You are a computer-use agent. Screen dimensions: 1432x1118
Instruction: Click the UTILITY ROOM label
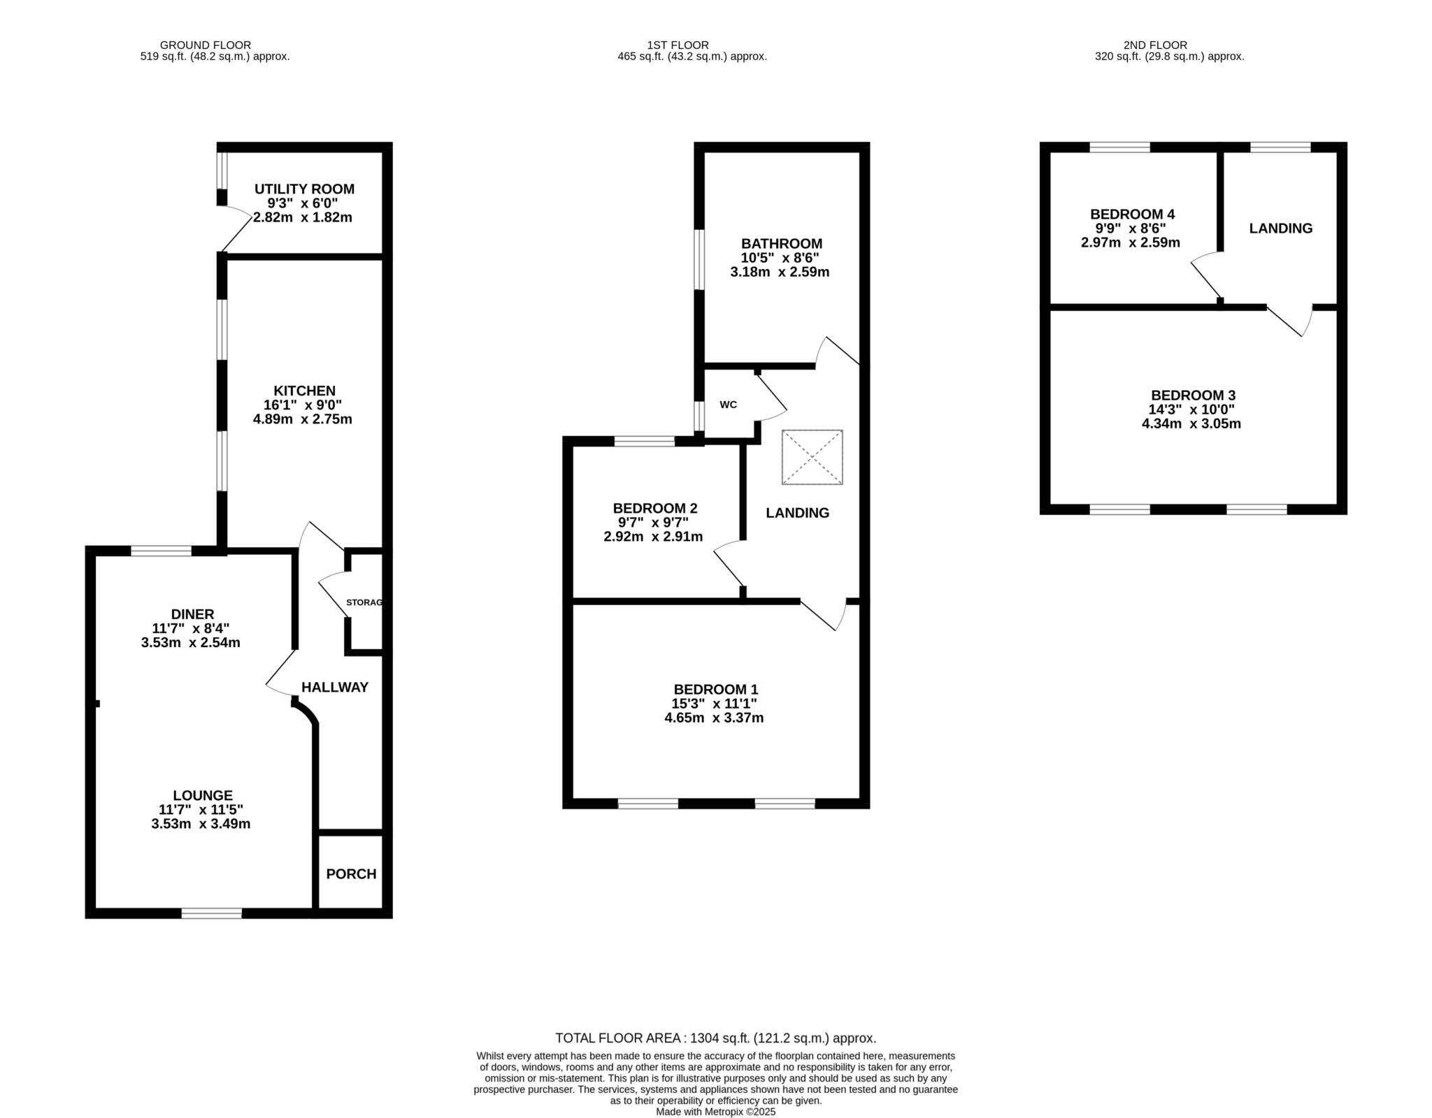pos(304,189)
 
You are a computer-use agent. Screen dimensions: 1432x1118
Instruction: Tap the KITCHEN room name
pos(304,391)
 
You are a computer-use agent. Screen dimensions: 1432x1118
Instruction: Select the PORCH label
pos(351,874)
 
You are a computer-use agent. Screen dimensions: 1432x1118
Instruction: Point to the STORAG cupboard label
pos(364,602)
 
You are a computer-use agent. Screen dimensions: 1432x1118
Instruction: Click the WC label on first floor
pos(728,405)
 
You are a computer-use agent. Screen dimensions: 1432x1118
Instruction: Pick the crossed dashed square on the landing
pos(812,457)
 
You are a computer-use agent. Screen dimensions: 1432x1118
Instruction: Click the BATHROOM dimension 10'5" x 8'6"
pos(782,258)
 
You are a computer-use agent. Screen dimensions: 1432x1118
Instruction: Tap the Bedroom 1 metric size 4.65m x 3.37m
pos(714,718)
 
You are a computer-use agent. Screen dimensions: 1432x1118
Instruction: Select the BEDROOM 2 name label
pos(655,509)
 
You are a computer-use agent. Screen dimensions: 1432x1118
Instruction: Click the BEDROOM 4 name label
pos(1133,215)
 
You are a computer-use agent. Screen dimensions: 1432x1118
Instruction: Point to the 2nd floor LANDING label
pos(1281,228)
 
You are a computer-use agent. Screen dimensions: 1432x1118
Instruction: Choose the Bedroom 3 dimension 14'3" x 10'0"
pos(1191,409)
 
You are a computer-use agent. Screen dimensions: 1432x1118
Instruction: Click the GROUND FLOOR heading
pos(206,45)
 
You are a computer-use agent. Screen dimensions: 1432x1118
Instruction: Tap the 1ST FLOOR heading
pos(678,45)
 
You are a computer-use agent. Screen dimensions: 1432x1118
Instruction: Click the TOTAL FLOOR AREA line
pos(716,1038)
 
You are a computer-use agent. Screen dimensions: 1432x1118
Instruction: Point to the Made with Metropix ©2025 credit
pos(716,1112)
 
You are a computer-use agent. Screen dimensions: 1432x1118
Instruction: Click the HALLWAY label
pos(335,688)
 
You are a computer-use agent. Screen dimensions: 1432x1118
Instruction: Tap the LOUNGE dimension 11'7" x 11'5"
pos(201,810)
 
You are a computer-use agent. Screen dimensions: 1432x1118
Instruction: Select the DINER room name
pos(193,615)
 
